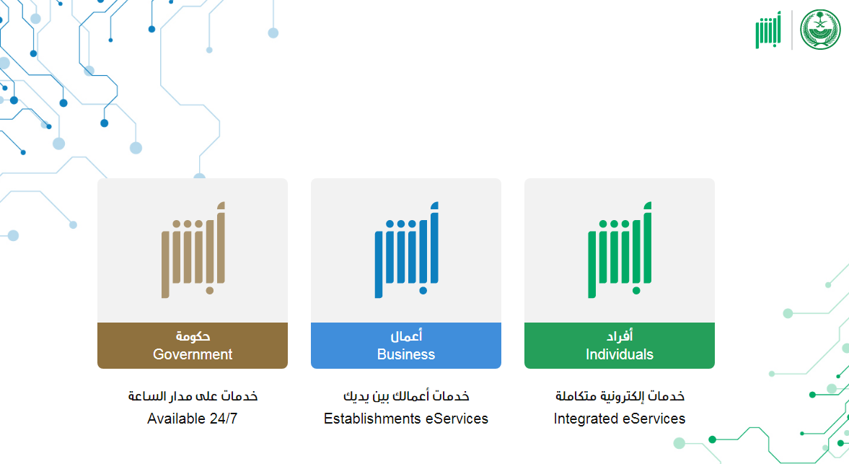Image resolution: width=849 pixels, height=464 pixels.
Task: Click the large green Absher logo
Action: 620,250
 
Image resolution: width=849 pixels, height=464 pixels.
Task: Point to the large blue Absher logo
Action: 407,250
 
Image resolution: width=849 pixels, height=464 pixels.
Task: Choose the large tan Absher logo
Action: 193,250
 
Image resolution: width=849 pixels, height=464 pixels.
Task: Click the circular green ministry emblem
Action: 820,30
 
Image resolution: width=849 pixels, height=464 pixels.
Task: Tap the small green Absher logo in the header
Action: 768,30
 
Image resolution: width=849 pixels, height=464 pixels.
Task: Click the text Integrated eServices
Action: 620,419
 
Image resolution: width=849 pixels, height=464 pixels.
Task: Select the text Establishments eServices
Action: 406,419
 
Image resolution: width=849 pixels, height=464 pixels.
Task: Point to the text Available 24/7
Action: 192,419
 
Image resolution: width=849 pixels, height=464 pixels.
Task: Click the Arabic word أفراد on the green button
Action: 620,336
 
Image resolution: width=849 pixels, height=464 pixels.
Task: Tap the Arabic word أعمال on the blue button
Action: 406,336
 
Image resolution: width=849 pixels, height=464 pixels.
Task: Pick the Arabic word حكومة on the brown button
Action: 193,336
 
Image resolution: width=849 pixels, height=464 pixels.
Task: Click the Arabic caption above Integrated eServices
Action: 620,395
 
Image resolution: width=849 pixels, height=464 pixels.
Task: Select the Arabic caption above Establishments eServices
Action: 406,395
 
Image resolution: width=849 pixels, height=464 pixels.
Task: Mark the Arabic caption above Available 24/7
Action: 193,395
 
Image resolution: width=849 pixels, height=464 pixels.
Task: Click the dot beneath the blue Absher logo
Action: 423,291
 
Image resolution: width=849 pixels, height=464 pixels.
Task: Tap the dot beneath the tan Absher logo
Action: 210,291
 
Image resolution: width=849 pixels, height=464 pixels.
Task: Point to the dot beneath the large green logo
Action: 637,291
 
